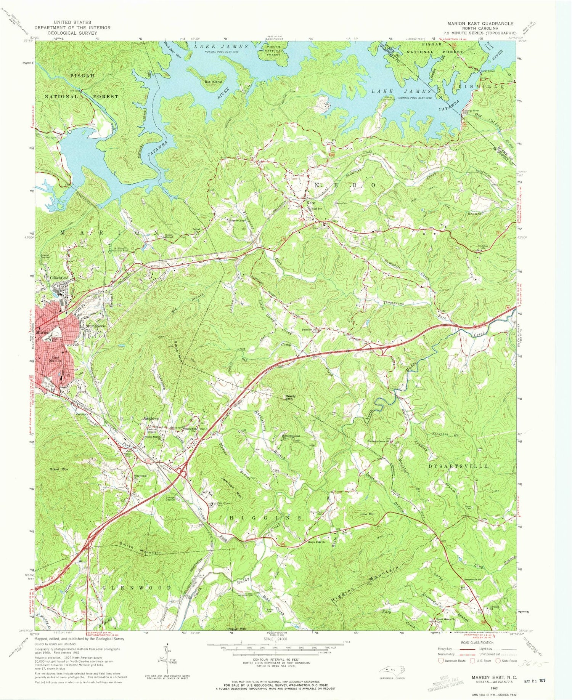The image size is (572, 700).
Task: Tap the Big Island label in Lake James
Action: pyautogui.click(x=212, y=82)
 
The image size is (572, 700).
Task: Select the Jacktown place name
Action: pyautogui.click(x=151, y=418)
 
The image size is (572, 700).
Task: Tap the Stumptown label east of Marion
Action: pyautogui.click(x=95, y=327)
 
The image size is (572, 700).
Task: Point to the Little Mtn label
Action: pyautogui.click(x=368, y=514)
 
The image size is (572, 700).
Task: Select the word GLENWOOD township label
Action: pyautogui.click(x=137, y=588)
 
